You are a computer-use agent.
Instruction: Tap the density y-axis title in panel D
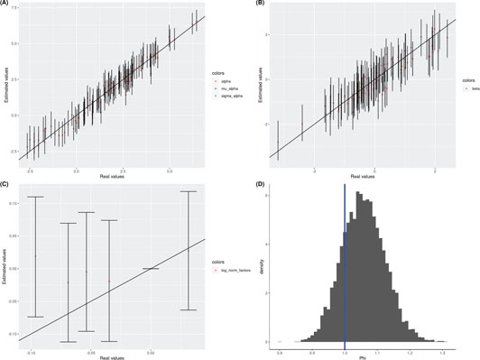pyautogui.click(x=256, y=269)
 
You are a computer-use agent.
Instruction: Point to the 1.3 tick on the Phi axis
pyautogui.click(x=443, y=349)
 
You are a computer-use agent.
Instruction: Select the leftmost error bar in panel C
pyautogui.click(x=36, y=256)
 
